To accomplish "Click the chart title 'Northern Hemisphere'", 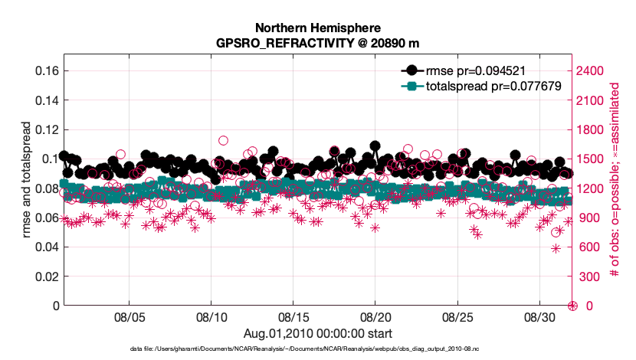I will [x=318, y=28].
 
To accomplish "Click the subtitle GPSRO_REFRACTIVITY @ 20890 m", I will [x=318, y=43].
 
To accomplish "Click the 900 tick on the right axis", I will [x=588, y=218].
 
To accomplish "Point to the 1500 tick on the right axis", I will [x=592, y=159].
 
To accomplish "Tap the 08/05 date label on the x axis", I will [x=129, y=316].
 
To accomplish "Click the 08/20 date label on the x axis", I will [x=375, y=316].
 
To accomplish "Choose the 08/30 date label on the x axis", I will [x=539, y=316].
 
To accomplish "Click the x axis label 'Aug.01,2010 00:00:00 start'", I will [x=318, y=333].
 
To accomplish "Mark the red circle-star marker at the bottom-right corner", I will [x=572, y=306].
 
